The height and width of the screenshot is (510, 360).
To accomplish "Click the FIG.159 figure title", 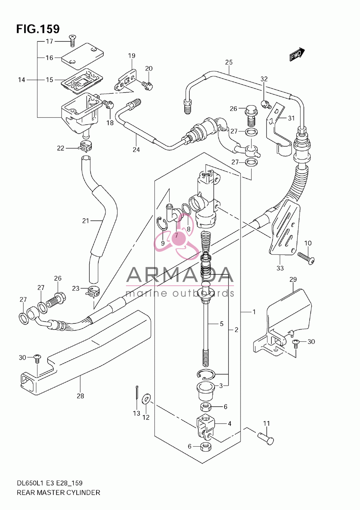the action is pyautogui.click(x=38, y=29).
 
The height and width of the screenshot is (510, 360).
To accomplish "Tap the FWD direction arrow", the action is pyautogui.click(x=297, y=54).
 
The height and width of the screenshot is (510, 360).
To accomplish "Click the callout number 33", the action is pyautogui.click(x=280, y=268).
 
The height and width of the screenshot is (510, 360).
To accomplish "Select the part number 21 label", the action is pyautogui.click(x=86, y=221).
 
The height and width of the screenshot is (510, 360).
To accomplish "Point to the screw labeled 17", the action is pyautogui.click(x=73, y=41).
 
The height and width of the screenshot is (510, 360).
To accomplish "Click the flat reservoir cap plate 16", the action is pyautogui.click(x=82, y=56).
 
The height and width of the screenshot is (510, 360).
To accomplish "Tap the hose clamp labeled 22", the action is pyautogui.click(x=86, y=146).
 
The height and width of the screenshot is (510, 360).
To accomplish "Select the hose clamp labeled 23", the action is pyautogui.click(x=93, y=292).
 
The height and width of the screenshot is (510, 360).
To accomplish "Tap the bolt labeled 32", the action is pyautogui.click(x=266, y=104).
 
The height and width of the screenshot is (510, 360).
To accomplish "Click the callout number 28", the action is pyautogui.click(x=80, y=396).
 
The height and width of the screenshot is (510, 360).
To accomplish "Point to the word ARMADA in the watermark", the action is pyautogui.click(x=180, y=274).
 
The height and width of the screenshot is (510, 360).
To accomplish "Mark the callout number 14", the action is pyautogui.click(x=22, y=80).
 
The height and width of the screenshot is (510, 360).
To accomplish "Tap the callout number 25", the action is pyautogui.click(x=229, y=62).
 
